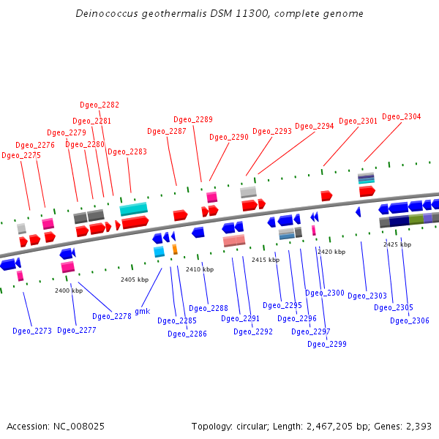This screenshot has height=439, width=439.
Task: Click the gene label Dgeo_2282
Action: click(x=100, y=105)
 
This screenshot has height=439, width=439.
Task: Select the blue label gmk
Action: click(x=142, y=311)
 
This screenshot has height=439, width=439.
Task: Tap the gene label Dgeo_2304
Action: click(x=402, y=117)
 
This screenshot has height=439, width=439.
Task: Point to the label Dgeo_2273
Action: click(x=32, y=331)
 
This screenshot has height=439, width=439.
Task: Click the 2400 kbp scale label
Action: click(x=69, y=290)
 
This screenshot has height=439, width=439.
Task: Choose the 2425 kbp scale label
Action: click(x=397, y=244)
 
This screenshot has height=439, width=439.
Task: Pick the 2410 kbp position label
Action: click(x=200, y=269)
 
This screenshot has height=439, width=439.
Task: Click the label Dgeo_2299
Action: click(x=327, y=344)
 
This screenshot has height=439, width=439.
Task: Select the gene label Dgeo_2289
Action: click(x=193, y=120)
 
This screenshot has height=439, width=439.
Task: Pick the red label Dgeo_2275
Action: click(x=21, y=156)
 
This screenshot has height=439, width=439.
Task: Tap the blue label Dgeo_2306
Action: click(x=410, y=321)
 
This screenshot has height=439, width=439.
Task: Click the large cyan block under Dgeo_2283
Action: click(x=134, y=209)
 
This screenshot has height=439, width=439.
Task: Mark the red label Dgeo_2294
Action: click(x=315, y=127)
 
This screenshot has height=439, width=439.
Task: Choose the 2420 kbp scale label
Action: click(x=331, y=252)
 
